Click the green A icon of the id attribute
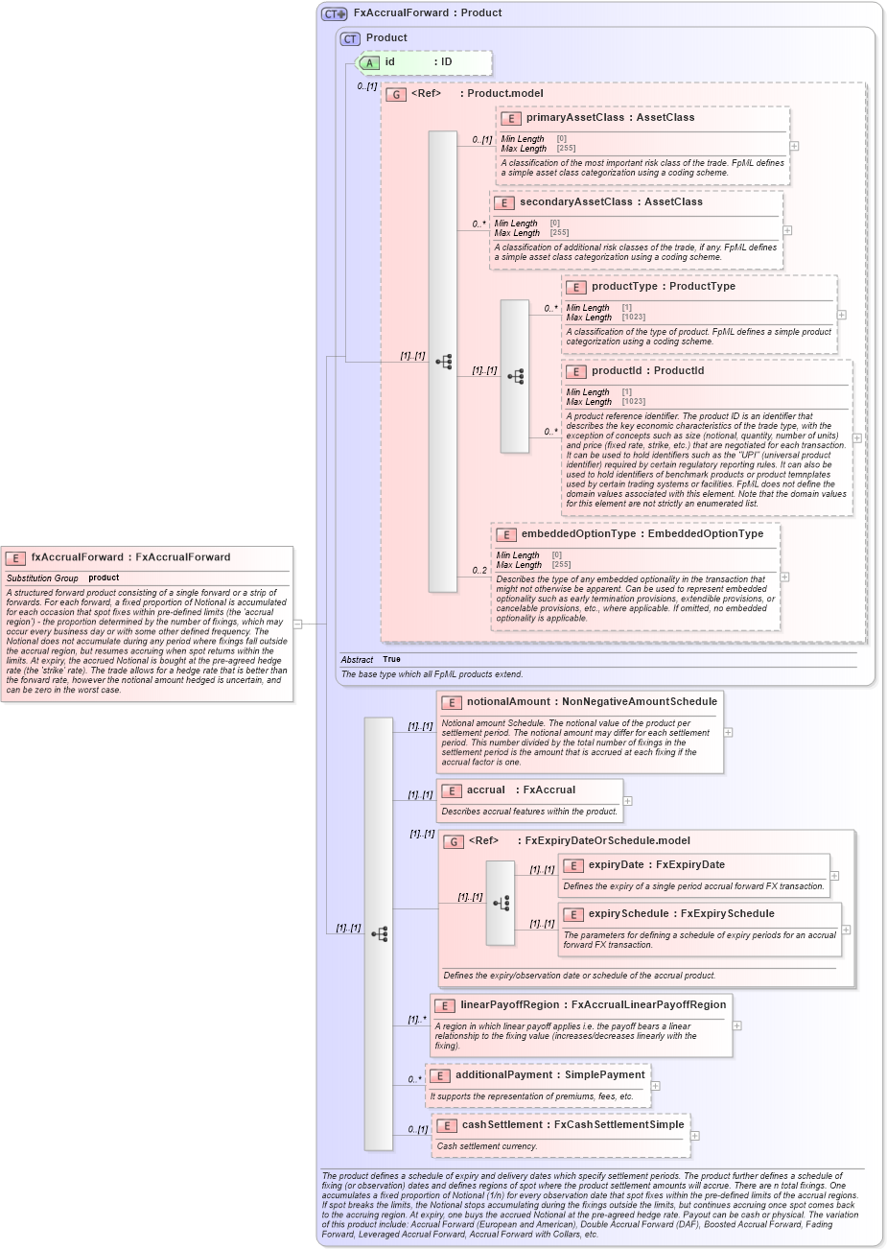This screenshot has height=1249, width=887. pyautogui.click(x=369, y=62)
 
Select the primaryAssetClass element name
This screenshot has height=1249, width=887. pyautogui.click(x=570, y=118)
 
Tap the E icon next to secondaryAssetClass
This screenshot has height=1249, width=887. pyautogui.click(x=503, y=202)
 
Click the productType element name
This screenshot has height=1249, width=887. pyautogui.click(x=624, y=287)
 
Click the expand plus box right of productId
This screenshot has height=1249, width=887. pyautogui.click(x=857, y=437)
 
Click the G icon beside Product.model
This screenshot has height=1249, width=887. pyautogui.click(x=396, y=94)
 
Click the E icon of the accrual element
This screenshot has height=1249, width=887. pyautogui.click(x=452, y=790)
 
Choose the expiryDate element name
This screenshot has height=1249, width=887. pyautogui.click(x=616, y=865)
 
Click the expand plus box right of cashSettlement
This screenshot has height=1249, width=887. pyautogui.click(x=695, y=1136)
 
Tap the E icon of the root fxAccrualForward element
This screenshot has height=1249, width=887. pyautogui.click(x=15, y=557)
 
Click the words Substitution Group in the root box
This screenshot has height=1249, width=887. pyautogui.click(x=42, y=578)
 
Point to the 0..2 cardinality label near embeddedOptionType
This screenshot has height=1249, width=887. pyautogui.click(x=479, y=571)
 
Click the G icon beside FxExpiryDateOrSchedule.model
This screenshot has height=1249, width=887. pyautogui.click(x=454, y=841)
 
